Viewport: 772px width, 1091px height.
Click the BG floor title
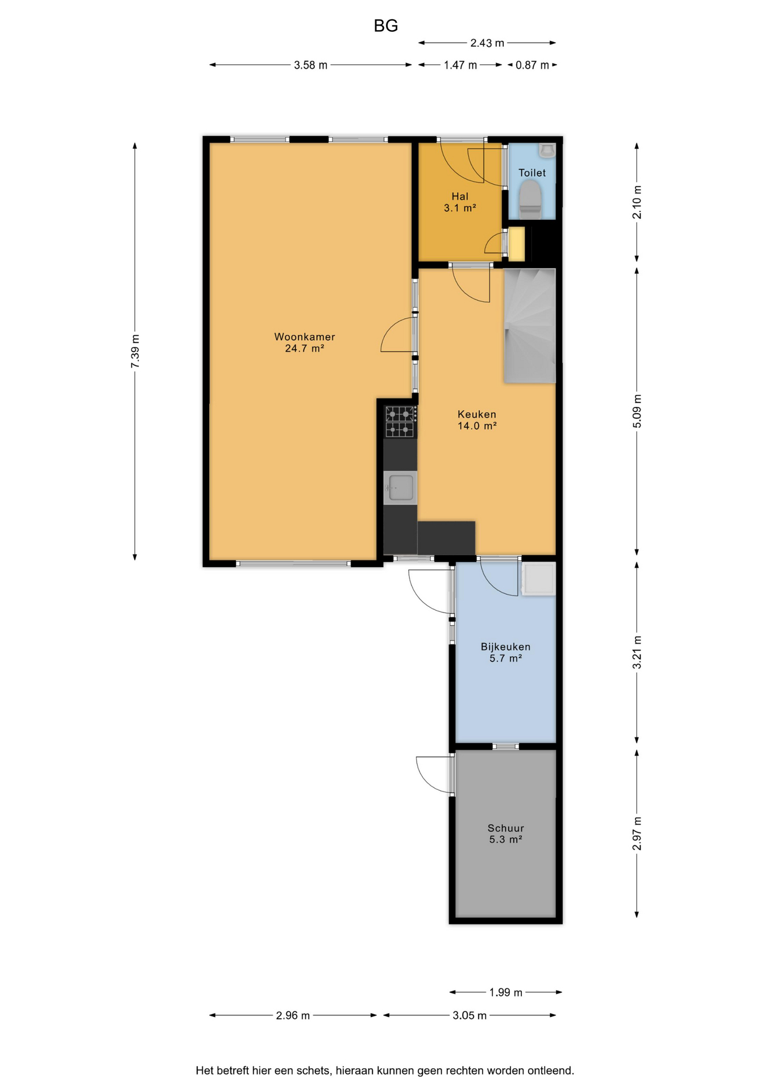(385, 26)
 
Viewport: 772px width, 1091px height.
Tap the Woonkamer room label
(305, 343)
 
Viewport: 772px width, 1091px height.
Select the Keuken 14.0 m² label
(477, 420)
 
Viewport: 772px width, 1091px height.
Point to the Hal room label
(460, 202)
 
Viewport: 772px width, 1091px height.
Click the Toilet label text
(532, 173)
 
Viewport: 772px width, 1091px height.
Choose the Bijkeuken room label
(505, 652)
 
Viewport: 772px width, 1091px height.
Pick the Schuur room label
(505, 834)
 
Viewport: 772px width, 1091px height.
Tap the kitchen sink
(400, 488)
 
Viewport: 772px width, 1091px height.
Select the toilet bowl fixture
(530, 199)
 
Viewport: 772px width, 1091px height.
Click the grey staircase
(530, 326)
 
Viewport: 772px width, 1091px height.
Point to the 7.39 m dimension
(135, 351)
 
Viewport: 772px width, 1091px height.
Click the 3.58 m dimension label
(310, 65)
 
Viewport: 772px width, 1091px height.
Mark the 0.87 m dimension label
(532, 65)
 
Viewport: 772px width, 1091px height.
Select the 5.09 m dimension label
(637, 411)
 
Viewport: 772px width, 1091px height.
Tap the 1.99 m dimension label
(505, 993)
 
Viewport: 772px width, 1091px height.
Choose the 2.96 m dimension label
(293, 1015)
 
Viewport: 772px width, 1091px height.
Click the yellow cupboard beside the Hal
(517, 244)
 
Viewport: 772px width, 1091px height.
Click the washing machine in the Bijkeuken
(538, 578)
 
